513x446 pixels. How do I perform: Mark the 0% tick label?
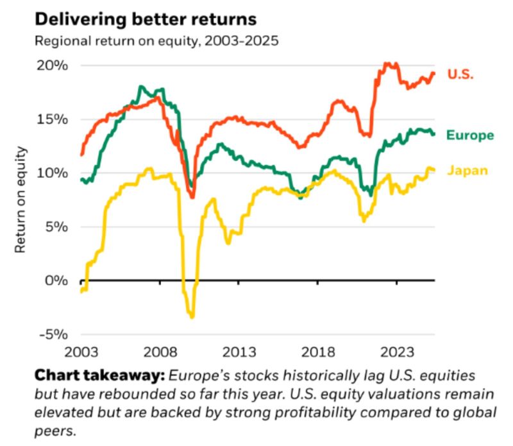click(53, 280)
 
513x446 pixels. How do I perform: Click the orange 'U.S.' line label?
click(460, 74)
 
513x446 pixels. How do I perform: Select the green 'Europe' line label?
click(470, 135)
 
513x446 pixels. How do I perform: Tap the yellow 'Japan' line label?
click(467, 171)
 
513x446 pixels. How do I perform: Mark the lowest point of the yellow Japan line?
click(192, 316)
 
